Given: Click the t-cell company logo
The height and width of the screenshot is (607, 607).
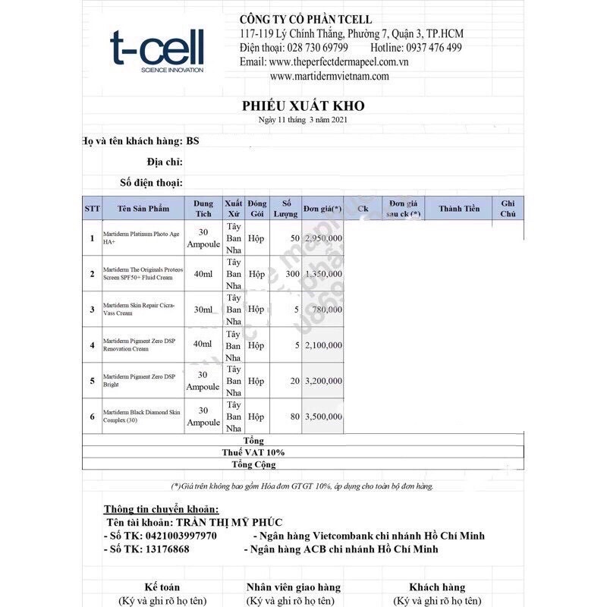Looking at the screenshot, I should tap(156, 51).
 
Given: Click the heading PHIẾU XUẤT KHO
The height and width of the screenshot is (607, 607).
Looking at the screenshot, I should tap(303, 106).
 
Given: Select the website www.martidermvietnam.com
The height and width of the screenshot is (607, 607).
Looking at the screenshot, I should tap(329, 76).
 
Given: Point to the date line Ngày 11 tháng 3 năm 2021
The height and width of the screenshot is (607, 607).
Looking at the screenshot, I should tap(303, 120).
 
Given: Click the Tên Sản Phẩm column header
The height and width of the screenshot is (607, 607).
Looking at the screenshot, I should tap(143, 209).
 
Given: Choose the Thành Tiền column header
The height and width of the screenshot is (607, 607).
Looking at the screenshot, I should tap(459, 209).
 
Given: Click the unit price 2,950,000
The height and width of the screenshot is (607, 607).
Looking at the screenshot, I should tap(322, 238).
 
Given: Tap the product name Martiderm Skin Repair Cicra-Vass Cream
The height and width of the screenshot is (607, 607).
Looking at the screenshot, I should tap(140, 310).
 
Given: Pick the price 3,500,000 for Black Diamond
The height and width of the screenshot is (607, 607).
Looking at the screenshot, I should tap(322, 417).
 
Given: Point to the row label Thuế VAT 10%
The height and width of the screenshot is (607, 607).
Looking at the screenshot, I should tap(253, 452).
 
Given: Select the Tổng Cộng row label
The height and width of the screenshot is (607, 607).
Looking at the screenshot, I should tap(253, 464).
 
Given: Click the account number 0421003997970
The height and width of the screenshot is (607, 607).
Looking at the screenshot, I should tap(180, 536).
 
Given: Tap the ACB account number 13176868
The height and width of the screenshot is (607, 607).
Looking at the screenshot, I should tap(168, 549).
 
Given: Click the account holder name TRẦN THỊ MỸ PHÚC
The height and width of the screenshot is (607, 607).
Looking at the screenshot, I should tap(226, 522).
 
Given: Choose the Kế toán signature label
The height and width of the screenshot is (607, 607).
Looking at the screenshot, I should tap(163, 587).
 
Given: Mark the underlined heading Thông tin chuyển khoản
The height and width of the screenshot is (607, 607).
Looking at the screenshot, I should tap(161, 508).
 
